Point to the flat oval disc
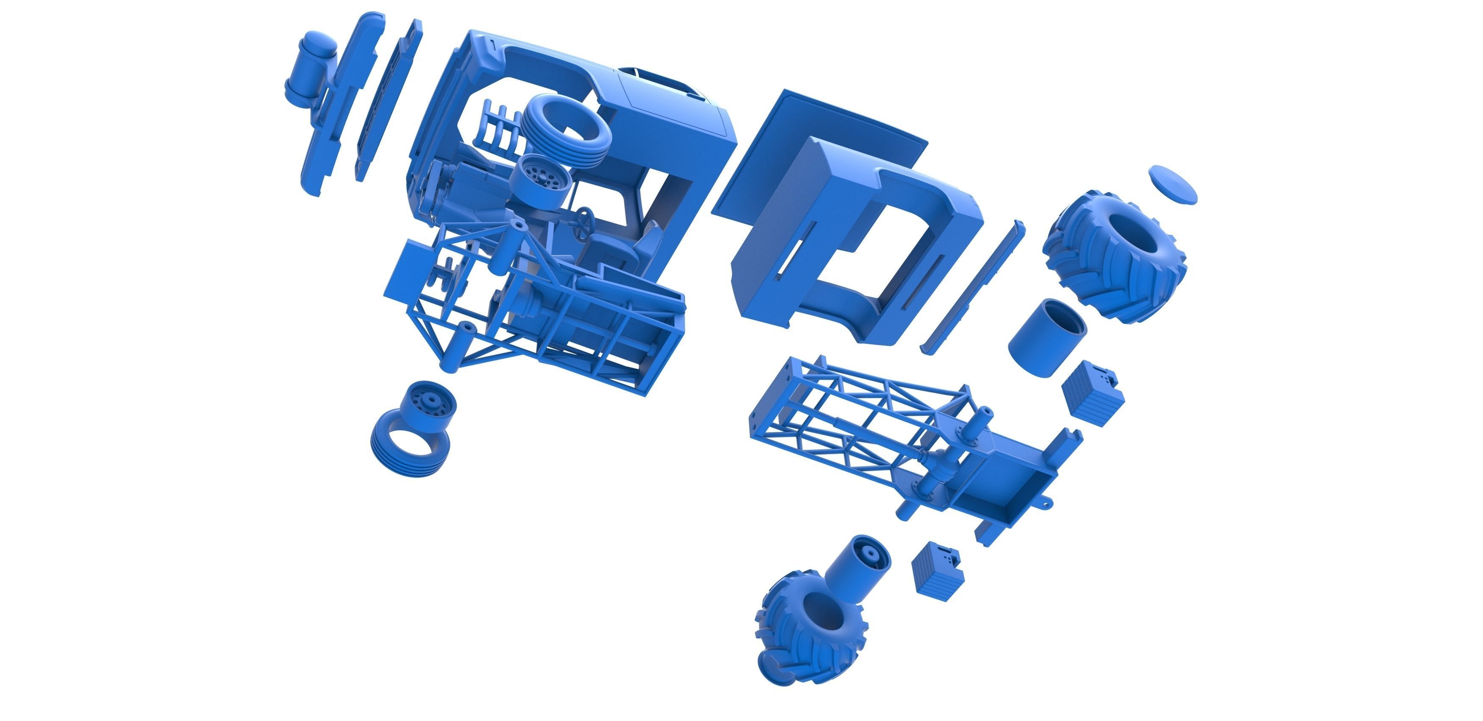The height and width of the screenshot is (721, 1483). [1173, 184]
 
